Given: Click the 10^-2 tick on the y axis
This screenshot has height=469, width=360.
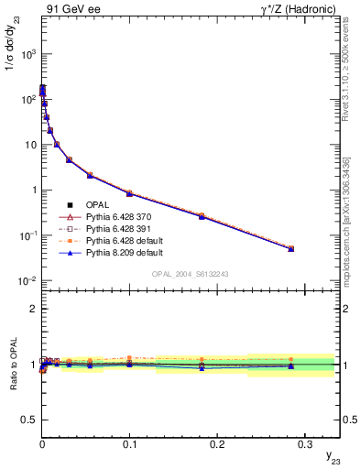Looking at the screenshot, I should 27,280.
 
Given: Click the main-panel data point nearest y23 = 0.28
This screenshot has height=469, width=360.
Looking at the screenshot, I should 290,248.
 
